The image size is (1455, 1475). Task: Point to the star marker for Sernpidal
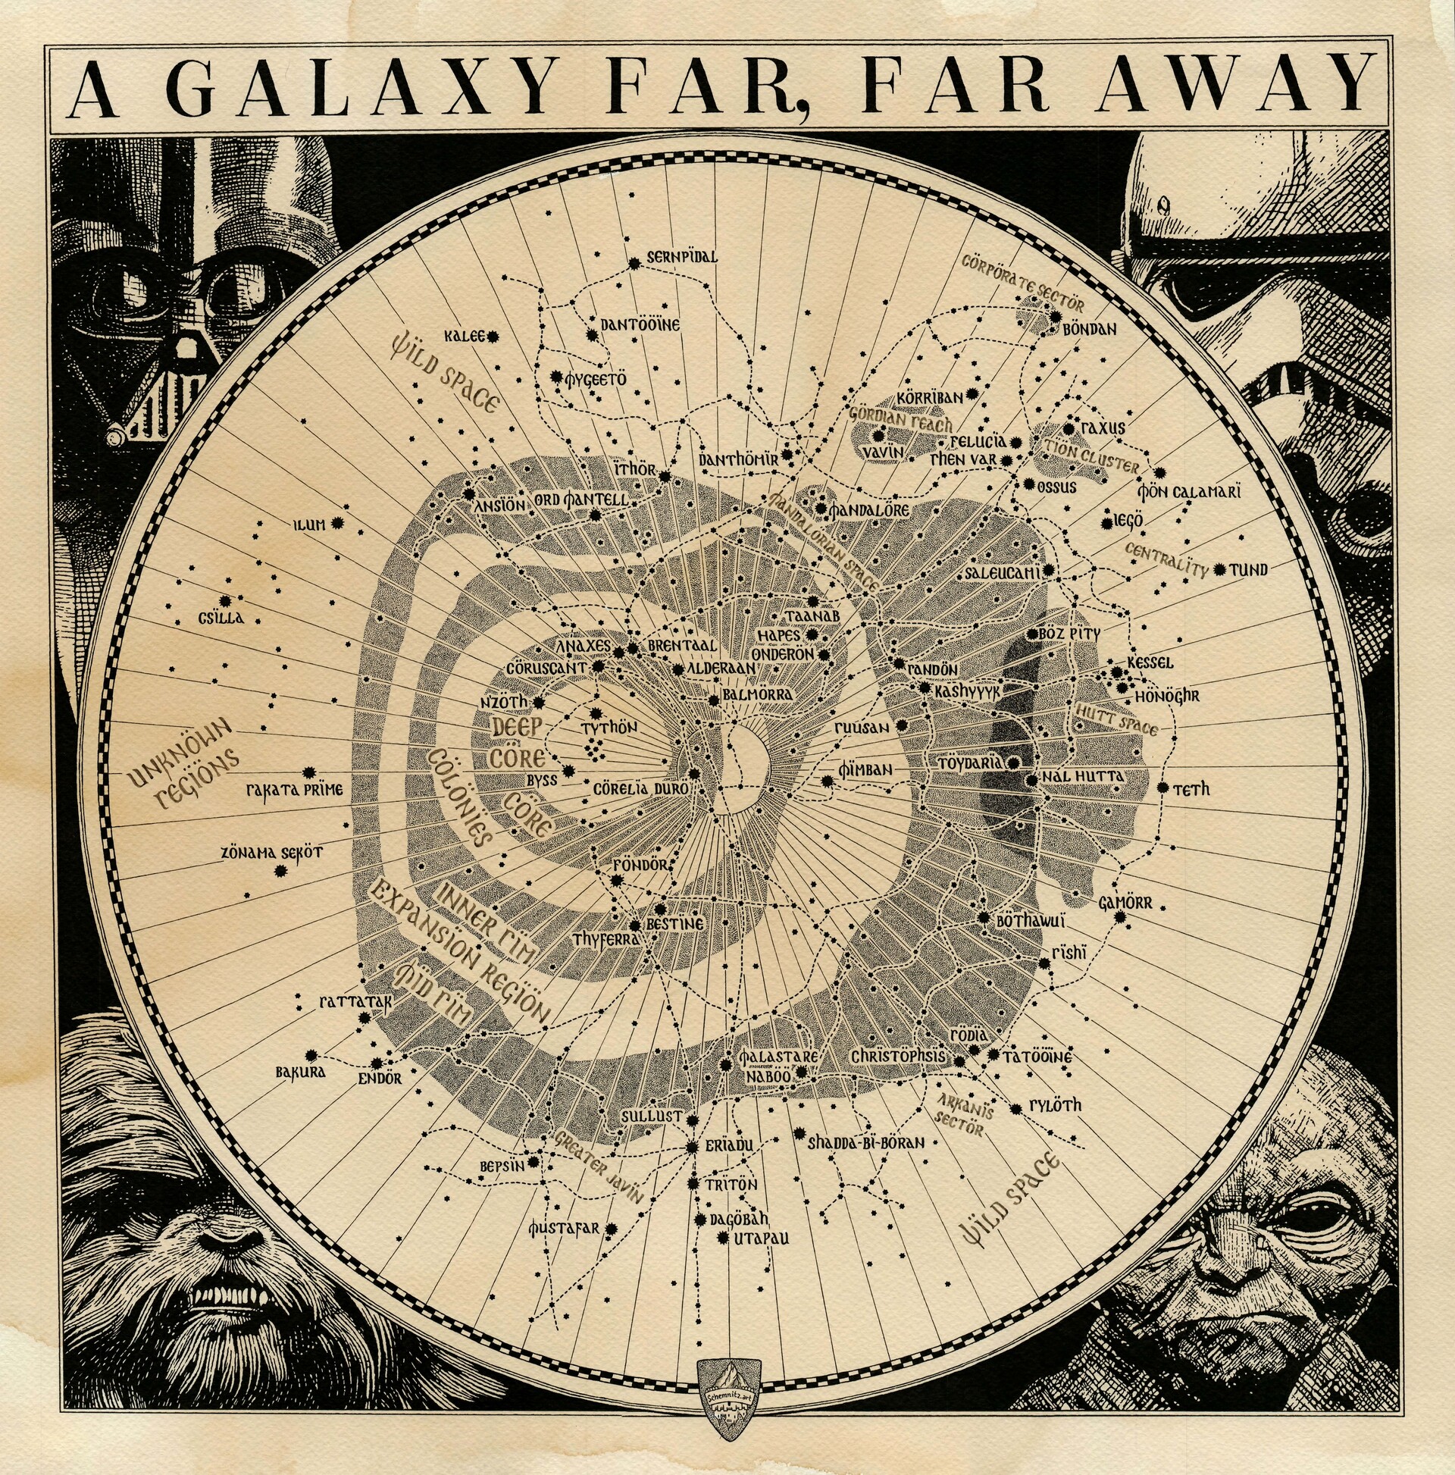[634, 265]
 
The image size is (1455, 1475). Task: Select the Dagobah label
[739, 1220]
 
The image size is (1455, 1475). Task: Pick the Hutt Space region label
[1116, 719]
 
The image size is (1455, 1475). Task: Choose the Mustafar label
[564, 1229]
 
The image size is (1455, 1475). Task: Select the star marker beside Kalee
[493, 336]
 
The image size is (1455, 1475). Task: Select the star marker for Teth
[1162, 787]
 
